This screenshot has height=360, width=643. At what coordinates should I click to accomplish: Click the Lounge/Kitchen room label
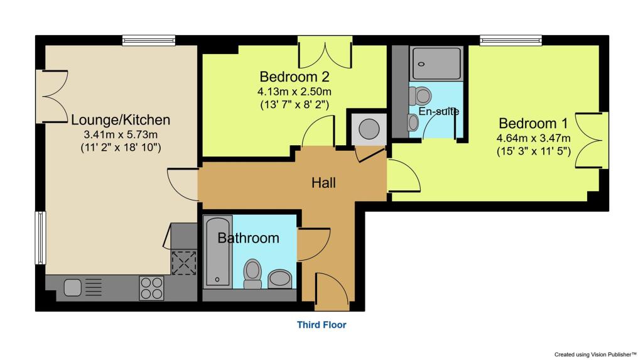(121, 119)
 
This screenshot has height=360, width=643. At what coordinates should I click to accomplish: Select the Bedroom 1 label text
(528, 123)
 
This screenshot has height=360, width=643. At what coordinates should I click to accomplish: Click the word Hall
(324, 183)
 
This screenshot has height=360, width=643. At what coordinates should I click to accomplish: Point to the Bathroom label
(248, 238)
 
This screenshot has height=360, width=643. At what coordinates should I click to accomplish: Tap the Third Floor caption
(321, 325)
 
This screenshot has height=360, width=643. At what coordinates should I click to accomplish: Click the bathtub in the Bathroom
(218, 251)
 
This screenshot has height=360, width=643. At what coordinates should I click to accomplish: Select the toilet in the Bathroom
(253, 273)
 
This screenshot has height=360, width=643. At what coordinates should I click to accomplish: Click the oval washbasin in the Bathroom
(279, 279)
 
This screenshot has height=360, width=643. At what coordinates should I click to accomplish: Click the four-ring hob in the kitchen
(151, 288)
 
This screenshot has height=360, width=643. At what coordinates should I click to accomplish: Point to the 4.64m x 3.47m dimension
(534, 138)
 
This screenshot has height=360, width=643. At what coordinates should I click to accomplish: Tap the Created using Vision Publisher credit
(596, 353)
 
